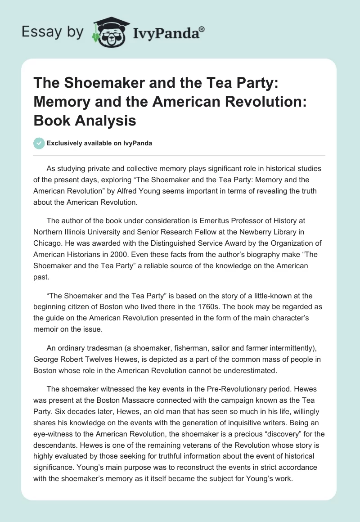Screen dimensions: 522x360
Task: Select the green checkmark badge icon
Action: coord(39,144)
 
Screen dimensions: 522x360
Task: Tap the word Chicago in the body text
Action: coord(48,244)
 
